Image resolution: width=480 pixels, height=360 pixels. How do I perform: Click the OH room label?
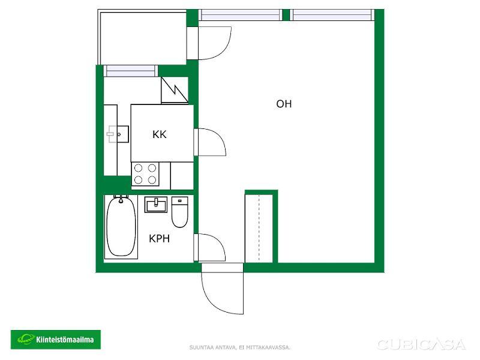(284, 104)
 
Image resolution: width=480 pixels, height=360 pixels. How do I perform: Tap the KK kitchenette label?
(159, 134)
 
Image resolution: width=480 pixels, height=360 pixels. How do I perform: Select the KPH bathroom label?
(159, 238)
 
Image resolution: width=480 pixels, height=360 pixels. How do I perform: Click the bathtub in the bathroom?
(121, 227)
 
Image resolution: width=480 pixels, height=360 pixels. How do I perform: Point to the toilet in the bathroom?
(179, 212)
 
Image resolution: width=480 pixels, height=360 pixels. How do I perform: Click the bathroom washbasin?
(156, 205)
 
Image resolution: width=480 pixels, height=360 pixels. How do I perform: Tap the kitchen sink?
(118, 134)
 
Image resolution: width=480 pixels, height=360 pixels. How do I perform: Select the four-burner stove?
(145, 174)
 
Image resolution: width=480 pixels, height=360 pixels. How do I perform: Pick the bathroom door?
(209, 247)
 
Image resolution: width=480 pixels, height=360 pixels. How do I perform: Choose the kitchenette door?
(209, 142)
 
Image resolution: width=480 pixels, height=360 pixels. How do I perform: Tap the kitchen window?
(130, 71)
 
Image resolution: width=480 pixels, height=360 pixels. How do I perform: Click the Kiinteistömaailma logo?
(56, 340)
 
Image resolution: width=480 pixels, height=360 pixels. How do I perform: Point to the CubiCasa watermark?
(421, 344)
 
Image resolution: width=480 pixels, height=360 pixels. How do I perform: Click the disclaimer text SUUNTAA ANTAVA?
(214, 347)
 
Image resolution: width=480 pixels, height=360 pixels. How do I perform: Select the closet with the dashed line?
(259, 228)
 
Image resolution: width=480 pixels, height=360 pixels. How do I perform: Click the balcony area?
(142, 37)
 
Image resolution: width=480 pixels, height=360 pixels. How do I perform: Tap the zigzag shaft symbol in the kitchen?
(175, 90)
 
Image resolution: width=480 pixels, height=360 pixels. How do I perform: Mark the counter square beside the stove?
(182, 176)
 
